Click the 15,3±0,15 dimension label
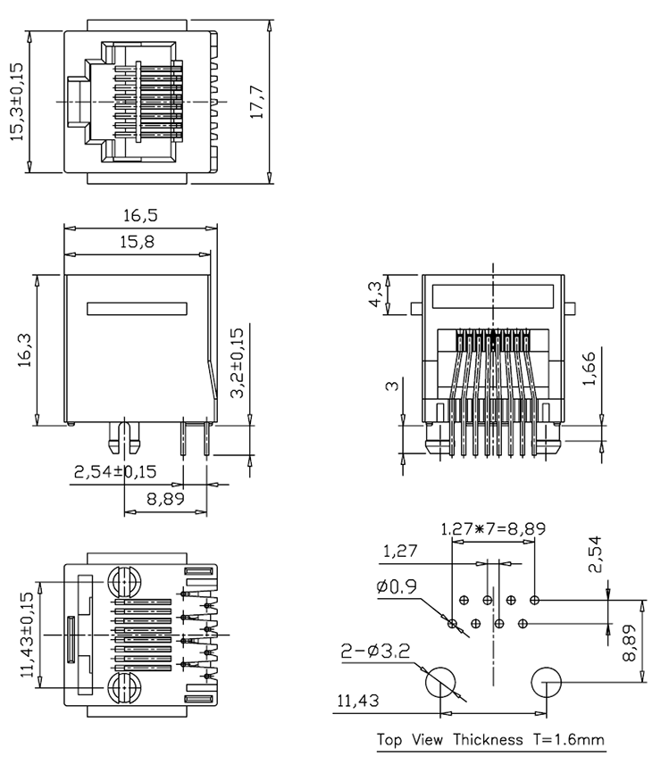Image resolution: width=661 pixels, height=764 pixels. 17,101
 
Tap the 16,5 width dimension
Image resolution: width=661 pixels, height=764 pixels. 140,216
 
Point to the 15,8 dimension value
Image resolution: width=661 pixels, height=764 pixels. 137,242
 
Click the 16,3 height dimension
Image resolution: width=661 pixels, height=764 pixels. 24,351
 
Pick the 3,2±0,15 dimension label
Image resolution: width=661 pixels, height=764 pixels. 236,366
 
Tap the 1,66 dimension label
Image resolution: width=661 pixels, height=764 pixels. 589,369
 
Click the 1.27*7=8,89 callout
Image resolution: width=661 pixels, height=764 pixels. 492,528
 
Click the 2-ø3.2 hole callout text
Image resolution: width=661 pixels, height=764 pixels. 374,652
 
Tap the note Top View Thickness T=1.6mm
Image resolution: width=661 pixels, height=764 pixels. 490,740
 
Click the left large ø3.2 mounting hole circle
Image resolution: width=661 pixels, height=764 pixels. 439,683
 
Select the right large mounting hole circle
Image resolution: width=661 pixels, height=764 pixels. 546,683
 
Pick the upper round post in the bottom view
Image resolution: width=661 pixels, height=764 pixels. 126,582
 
